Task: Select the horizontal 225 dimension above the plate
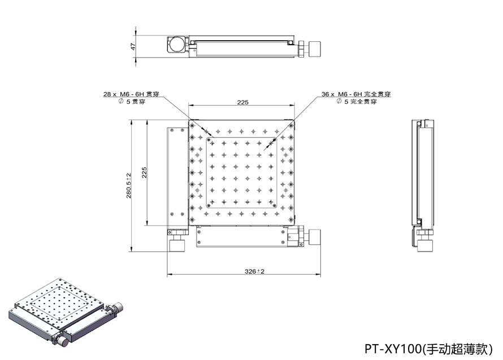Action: (x=242, y=102)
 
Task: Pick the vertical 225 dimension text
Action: (x=144, y=173)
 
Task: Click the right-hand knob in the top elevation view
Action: (x=314, y=49)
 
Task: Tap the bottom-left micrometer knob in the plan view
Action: (x=177, y=244)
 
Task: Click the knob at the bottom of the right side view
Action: (x=425, y=244)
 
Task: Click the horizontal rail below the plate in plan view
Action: (x=241, y=237)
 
